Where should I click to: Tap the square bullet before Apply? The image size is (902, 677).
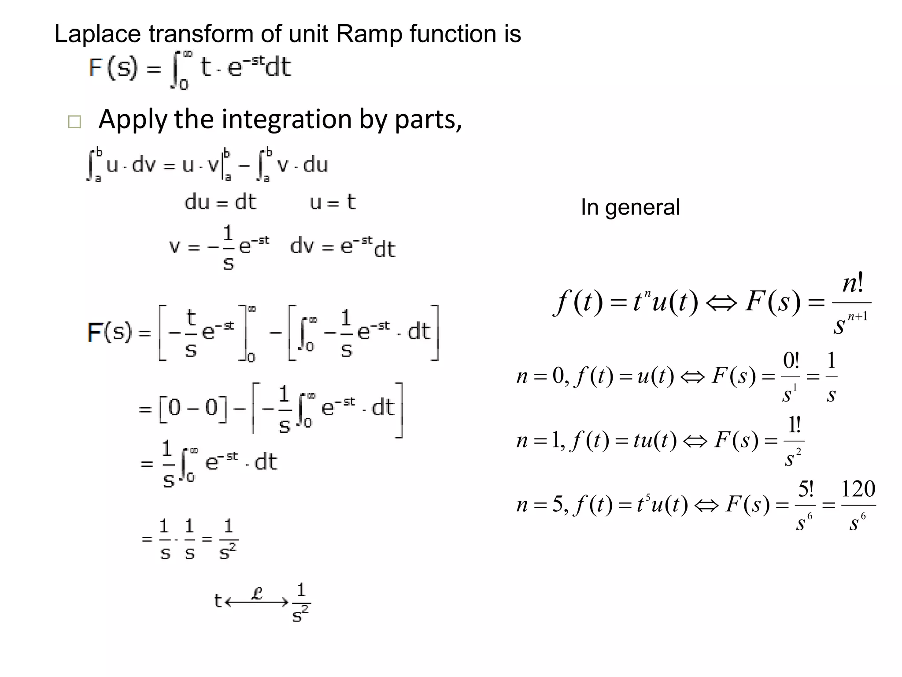tap(74, 122)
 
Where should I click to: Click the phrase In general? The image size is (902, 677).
tap(630, 207)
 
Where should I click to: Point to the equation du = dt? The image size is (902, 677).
tap(220, 202)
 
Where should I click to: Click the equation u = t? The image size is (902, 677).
tap(333, 202)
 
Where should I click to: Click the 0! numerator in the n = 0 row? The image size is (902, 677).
tap(791, 361)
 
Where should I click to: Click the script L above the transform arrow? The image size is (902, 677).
tap(257, 593)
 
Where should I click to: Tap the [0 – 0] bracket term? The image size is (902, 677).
tap(194, 409)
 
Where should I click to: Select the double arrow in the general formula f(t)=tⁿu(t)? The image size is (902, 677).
tap(721, 303)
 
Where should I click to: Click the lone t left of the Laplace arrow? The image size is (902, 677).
tap(218, 601)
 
